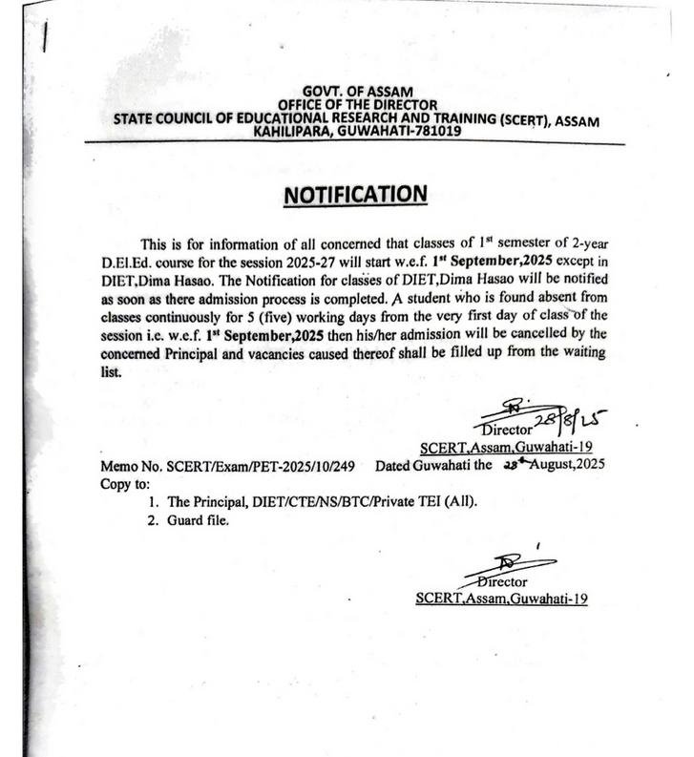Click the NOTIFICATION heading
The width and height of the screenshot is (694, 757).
click(354, 196)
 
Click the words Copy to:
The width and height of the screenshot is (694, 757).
click(127, 483)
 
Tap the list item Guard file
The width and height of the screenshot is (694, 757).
click(198, 521)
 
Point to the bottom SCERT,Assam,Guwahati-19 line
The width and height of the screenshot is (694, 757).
click(501, 599)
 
